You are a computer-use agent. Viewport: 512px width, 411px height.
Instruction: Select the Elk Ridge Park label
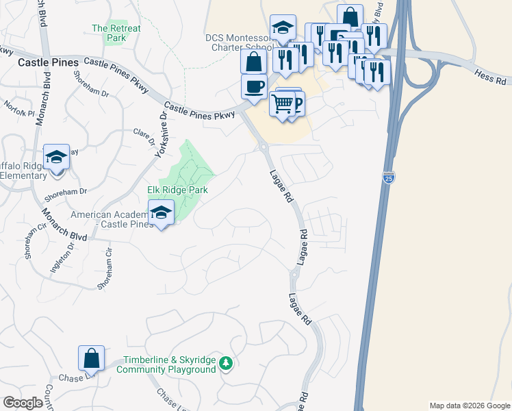point(177,190)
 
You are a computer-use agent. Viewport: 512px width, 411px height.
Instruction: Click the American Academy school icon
point(161,213)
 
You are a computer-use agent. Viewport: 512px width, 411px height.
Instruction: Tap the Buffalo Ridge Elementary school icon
point(56,157)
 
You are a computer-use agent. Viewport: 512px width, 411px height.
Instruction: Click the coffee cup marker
point(254,87)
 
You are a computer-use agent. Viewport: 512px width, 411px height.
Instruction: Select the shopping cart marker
point(282,104)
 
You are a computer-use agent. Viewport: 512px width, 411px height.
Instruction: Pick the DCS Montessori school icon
point(283,28)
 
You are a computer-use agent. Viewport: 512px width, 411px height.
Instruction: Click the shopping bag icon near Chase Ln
point(91,358)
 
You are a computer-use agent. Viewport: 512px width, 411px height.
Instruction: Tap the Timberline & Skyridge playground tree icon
point(226,364)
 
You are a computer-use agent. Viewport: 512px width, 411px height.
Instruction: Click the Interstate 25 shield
point(389,177)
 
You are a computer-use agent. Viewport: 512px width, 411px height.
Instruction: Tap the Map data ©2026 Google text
point(469,406)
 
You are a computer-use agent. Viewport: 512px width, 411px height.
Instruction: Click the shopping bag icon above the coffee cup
point(254,61)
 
